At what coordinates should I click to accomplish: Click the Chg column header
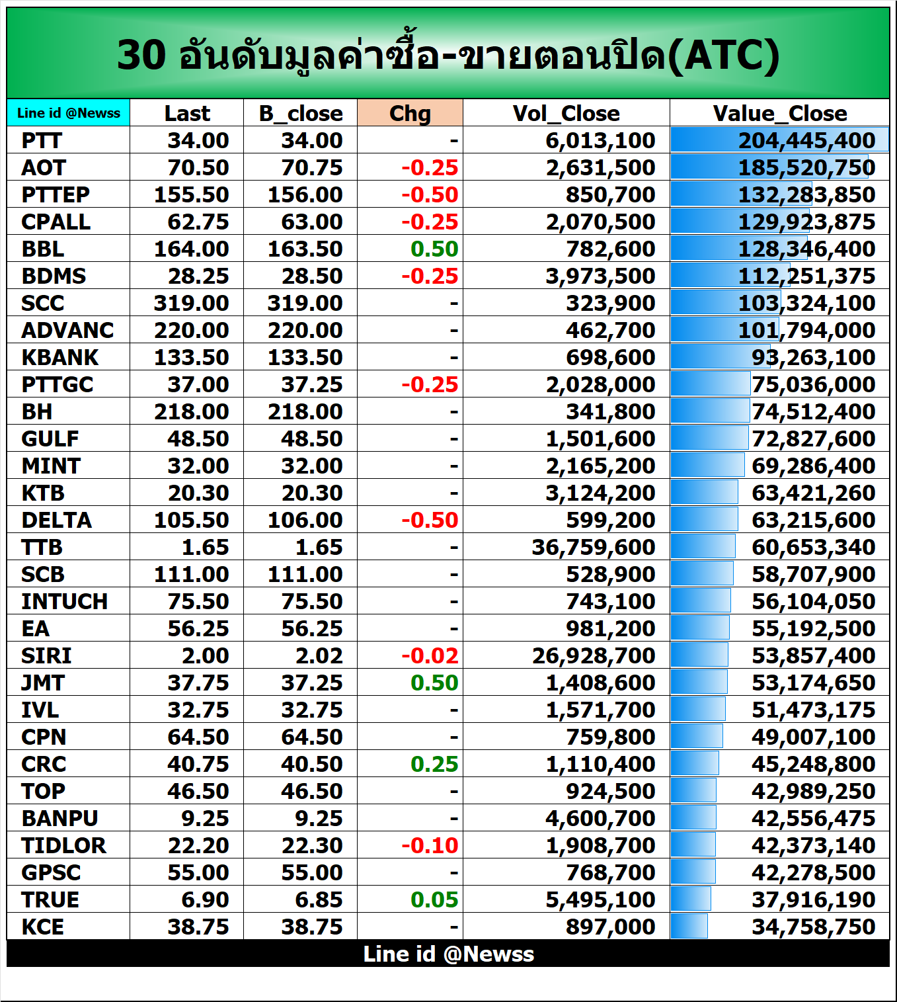point(410,113)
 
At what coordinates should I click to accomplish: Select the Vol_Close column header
point(566,113)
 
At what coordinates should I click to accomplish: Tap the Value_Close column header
point(779,113)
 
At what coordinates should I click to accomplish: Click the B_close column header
point(301,113)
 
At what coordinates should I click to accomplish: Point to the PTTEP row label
point(56,195)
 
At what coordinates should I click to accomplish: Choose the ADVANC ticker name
point(67,331)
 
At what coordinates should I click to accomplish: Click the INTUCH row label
point(64,602)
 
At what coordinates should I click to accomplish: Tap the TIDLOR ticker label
point(63,846)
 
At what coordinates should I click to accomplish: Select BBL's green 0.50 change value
point(434,249)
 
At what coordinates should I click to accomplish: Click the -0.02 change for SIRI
point(430,656)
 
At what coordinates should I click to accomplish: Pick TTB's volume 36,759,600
point(593,548)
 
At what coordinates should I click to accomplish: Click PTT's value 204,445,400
point(806,141)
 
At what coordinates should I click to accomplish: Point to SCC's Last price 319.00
point(191,304)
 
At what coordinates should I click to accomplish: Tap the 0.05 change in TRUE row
point(434,900)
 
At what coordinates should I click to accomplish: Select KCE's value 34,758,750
point(813,927)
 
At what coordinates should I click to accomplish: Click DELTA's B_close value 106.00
point(305,521)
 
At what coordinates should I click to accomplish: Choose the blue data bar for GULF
point(709,438)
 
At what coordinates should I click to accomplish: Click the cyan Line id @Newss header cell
point(69,113)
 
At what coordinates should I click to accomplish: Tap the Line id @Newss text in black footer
point(448,954)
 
